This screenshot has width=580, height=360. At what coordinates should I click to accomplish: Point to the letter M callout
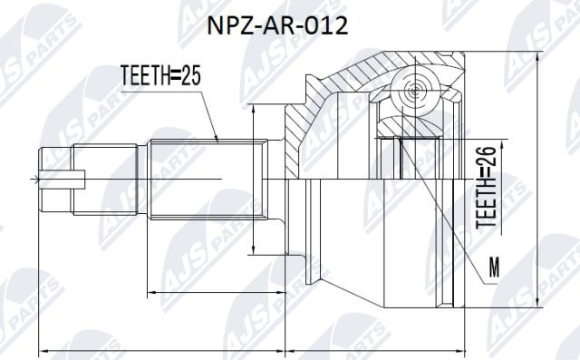pos(493,267)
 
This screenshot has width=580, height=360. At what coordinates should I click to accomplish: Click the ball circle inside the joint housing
pos(416,91)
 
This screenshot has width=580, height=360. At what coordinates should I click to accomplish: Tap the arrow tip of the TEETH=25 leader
pos(219,141)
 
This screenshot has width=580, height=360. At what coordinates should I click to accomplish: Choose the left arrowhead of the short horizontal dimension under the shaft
pos(149,292)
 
